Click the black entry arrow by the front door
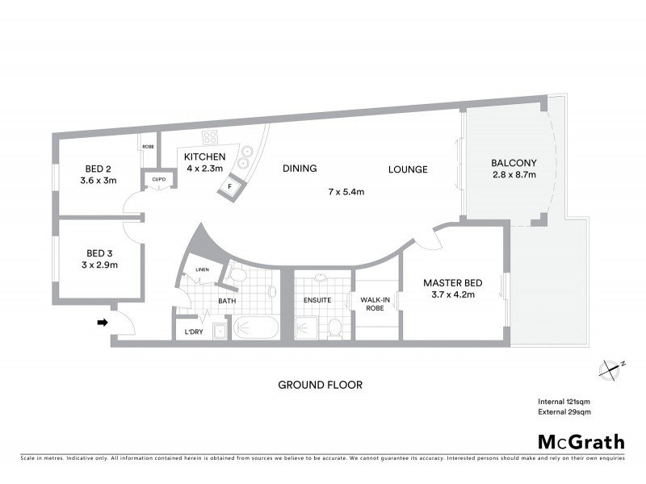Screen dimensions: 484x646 102,323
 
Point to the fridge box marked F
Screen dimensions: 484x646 230,187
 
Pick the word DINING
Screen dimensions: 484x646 299,169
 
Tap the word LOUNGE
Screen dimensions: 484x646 407,169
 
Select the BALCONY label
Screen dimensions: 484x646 514,163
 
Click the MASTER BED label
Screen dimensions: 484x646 453,282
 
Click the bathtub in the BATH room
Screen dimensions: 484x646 254,329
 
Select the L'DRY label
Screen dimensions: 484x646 194,332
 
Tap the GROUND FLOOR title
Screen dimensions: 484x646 320,385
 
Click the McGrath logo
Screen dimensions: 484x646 581,441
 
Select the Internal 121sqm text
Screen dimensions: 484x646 564,402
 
